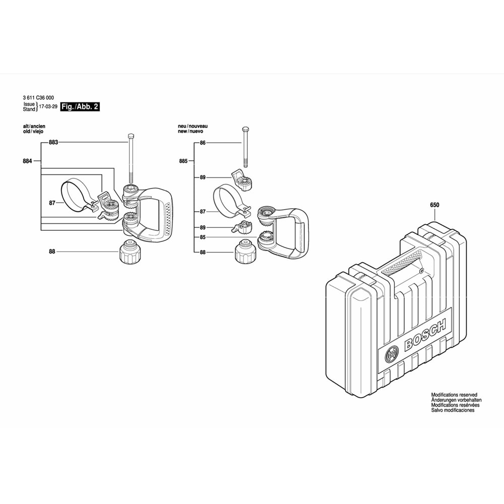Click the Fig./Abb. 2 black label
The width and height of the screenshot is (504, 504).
pyautogui.click(x=80, y=106)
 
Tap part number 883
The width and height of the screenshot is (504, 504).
pyautogui.click(x=53, y=142)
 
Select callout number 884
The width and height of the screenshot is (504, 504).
pyautogui.click(x=27, y=161)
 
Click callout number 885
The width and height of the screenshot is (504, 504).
pyautogui.click(x=183, y=161)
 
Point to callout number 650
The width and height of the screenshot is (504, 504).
pyautogui.click(x=434, y=205)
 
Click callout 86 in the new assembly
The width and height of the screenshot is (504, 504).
pyautogui.click(x=203, y=143)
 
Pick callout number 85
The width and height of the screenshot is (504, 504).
pyautogui.click(x=203, y=237)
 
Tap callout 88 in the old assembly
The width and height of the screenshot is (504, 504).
pyautogui.click(x=52, y=251)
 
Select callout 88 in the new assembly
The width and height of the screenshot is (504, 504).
pyautogui.click(x=203, y=253)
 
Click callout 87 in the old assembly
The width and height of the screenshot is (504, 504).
pyautogui.click(x=52, y=203)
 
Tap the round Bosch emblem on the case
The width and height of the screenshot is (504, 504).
pyautogui.click(x=391, y=354)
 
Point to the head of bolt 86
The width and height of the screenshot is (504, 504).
pyautogui.click(x=245, y=129)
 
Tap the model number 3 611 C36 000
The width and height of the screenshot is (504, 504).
pyautogui.click(x=39, y=98)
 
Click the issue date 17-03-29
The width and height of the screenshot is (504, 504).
pyautogui.click(x=48, y=106)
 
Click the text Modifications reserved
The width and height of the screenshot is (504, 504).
pyautogui.click(x=454, y=395)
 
